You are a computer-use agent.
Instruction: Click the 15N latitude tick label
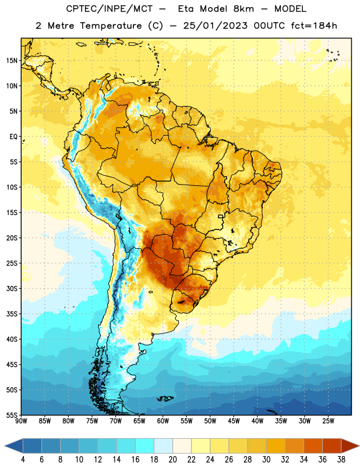pyautogui.click(x=12, y=61)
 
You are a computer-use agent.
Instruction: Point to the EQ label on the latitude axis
pyautogui.click(x=13, y=137)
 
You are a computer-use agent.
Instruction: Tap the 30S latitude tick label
pyautogui.click(x=12, y=288)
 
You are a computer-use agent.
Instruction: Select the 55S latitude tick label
pyautogui.click(x=12, y=415)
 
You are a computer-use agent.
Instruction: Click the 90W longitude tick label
pyautogui.click(x=21, y=421)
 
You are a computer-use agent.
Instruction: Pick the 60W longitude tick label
pyautogui.click(x=163, y=421)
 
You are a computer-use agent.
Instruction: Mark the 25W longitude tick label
pyautogui.click(x=328, y=421)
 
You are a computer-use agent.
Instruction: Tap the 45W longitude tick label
pyautogui.click(x=234, y=421)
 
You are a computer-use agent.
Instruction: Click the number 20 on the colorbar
pyautogui.click(x=172, y=460)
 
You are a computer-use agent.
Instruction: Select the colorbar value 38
pyautogui.click(x=341, y=460)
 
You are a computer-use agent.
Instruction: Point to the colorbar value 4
pyautogui.click(x=23, y=460)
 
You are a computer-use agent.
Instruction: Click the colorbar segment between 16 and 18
pyautogui.click(x=145, y=446)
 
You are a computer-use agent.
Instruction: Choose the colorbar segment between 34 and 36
pyautogui.click(x=313, y=446)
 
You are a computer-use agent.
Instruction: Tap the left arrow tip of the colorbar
pyautogui.click(x=5, y=446)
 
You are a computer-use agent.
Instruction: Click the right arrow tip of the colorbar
pyautogui.click(x=359, y=446)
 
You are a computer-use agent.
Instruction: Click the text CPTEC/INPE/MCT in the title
pyautogui.click(x=110, y=9)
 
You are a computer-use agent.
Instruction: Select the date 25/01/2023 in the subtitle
pyautogui.click(x=215, y=26)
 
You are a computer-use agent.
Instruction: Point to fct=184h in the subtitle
pyautogui.click(x=314, y=26)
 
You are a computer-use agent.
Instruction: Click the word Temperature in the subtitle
pyautogui.click(x=111, y=26)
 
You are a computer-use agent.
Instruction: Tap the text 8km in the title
pyautogui.click(x=243, y=9)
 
